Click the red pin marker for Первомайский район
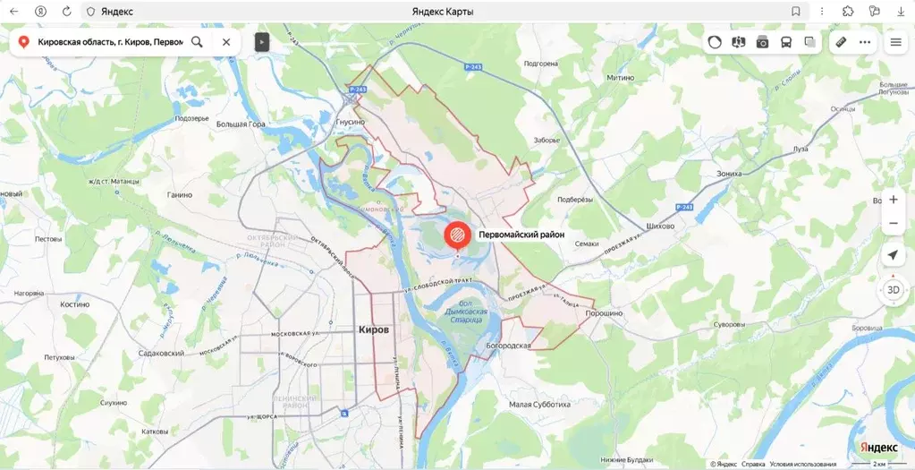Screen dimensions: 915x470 pos(456,235)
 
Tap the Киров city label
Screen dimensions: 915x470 pos(373,329)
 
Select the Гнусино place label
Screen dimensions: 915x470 pos(350,122)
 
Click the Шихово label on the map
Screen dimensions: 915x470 pos(659,226)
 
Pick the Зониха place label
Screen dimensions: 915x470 pos(729,174)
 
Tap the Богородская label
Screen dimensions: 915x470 pos(509,345)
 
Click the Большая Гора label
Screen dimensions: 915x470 pos(242,124)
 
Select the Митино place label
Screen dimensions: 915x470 pos(620,78)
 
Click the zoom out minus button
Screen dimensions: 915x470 pos(893,223)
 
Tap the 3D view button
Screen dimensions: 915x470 pos(893,289)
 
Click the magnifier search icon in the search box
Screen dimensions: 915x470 pos(197,42)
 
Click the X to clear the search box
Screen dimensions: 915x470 pos(226,42)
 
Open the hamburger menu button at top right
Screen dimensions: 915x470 pos(895,42)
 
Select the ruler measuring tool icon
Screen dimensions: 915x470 pos(841,42)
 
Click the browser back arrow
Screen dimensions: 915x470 pos(14,12)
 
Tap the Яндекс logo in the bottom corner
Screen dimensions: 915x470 pos(878,447)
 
